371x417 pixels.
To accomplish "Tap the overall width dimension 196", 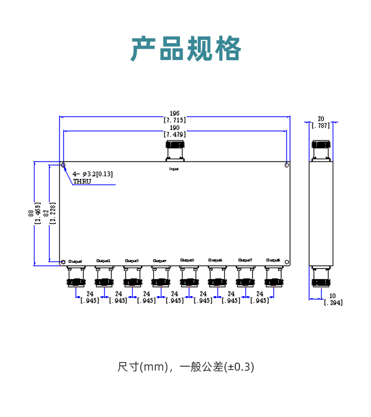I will (175, 113).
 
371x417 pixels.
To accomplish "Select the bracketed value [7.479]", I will (175, 134).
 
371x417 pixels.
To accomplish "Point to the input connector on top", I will (175, 150).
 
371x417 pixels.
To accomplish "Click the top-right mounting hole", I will (287, 165).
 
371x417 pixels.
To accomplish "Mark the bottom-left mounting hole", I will (63, 261).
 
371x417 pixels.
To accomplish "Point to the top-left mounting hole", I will (63, 165).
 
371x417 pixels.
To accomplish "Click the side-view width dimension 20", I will (321, 118).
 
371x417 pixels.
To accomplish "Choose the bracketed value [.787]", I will (321, 125).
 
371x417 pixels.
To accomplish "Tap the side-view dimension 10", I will (332, 296).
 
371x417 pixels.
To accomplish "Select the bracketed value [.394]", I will (333, 303).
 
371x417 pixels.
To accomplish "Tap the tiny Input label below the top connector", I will (174, 168).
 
